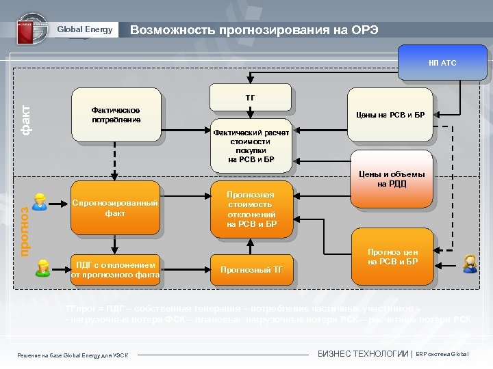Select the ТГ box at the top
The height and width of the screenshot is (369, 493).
(x=250, y=98)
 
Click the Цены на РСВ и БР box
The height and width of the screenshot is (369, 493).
(x=391, y=115)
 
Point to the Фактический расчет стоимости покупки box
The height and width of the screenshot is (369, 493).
(x=251, y=146)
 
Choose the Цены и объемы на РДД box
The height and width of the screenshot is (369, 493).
(x=391, y=178)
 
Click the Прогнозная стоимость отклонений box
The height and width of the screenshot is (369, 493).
(x=251, y=209)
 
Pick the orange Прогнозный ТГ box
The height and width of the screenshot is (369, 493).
(x=251, y=269)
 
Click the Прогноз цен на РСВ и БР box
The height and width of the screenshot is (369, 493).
(x=392, y=257)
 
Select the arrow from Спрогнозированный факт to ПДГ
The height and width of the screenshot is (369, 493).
(x=114, y=243)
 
